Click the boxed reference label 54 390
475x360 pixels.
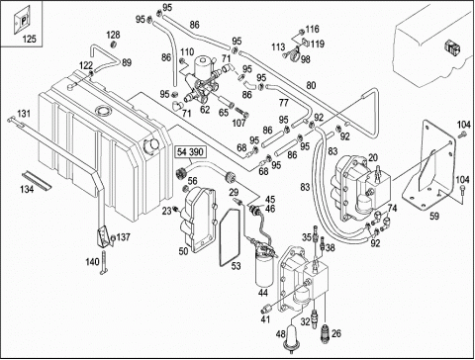coord(191,152)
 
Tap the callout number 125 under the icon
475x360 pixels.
coord(29,39)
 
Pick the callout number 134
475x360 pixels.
coord(27,189)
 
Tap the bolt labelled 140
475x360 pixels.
coord(104,262)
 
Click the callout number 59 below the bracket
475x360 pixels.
coord(434,217)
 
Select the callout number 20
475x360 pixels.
coord(373,158)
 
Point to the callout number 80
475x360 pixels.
coord(311,85)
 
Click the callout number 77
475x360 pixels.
coord(283,103)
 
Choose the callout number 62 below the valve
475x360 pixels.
coord(205,110)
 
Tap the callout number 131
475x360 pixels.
coord(24,114)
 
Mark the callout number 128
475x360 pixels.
coord(113,35)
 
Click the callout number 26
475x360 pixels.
coord(336,333)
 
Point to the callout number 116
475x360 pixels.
coord(312,29)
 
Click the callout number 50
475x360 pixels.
coord(183,251)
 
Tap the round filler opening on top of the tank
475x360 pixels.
coord(103,110)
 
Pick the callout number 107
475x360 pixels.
coord(238,123)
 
